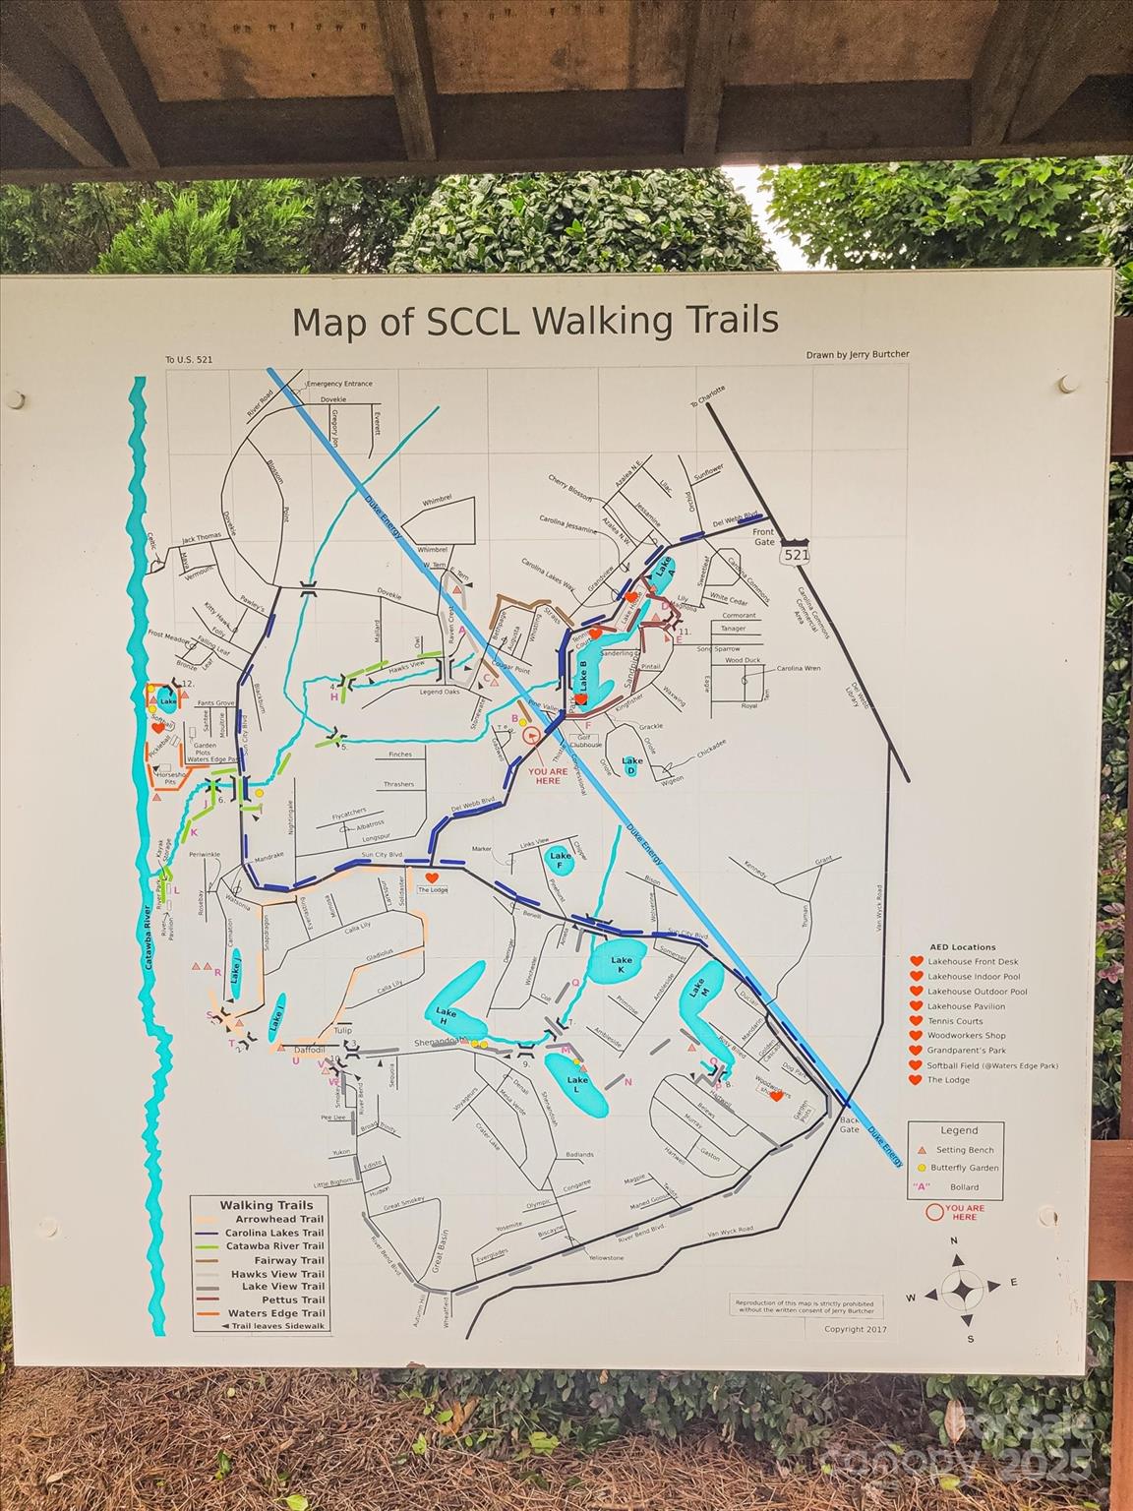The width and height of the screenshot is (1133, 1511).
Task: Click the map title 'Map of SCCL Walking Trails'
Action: click(x=535, y=321)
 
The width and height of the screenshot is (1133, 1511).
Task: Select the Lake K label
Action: click(x=622, y=965)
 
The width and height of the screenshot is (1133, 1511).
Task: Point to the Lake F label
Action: click(x=562, y=860)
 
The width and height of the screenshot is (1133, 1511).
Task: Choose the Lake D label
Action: click(x=632, y=762)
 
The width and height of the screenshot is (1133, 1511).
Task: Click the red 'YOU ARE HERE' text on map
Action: click(x=548, y=776)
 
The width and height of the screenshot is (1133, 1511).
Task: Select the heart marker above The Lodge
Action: click(x=431, y=876)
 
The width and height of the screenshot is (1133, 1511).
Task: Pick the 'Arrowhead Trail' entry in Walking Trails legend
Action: click(x=274, y=1219)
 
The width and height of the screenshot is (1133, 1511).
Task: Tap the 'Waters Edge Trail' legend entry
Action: click(x=275, y=1313)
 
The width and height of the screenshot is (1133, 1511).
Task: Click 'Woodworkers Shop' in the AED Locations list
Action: click(x=967, y=1036)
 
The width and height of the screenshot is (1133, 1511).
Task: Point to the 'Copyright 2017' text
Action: click(x=856, y=1329)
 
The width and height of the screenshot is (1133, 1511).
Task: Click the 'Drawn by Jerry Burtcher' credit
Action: click(x=856, y=355)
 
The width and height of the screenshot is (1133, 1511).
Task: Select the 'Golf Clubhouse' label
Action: click(x=586, y=741)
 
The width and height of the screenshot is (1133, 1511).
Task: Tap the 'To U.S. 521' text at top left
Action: click(x=189, y=360)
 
